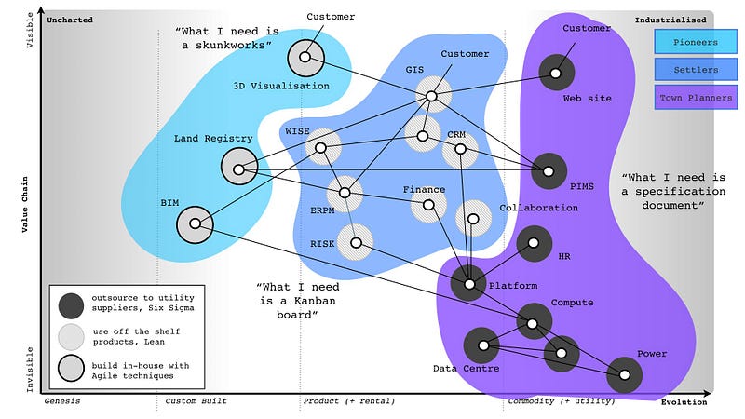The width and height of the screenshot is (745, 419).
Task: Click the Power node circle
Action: coord(624,374)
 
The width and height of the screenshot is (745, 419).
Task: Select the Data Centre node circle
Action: coord(482,346)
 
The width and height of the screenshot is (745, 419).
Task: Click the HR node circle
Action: coord(535,244)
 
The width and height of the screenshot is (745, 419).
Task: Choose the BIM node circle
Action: coord(194,223)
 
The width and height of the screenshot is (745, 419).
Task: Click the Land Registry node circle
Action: coord(239,169)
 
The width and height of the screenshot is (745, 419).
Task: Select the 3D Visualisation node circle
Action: coord(305,58)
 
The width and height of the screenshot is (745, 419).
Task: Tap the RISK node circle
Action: coord(355,242)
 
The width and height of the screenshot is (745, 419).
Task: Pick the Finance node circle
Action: coord(428,205)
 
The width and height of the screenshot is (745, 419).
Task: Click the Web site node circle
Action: coord(557,72)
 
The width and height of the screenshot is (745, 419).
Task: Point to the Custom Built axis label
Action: coord(196,401)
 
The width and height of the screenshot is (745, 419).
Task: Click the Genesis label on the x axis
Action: coord(62,401)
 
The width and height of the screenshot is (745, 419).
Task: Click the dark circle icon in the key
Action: coord(71,304)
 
